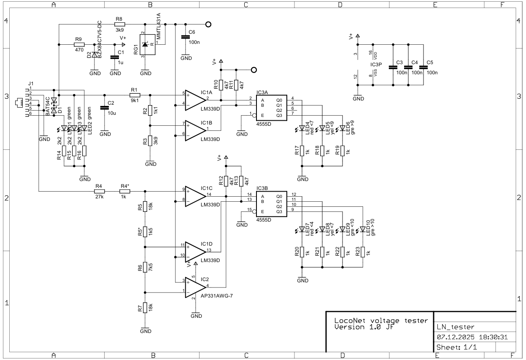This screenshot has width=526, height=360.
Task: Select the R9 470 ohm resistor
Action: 78,44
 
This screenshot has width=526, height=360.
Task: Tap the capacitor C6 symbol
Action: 184,37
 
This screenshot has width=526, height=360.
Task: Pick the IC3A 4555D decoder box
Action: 271,107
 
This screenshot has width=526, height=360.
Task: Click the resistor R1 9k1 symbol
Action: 135,95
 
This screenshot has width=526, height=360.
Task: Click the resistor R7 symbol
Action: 145,308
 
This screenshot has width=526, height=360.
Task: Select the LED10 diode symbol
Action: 362,230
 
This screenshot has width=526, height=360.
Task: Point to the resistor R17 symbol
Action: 302,151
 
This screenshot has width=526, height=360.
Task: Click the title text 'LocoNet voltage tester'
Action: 378,320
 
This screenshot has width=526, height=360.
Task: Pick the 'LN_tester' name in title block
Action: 455,327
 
